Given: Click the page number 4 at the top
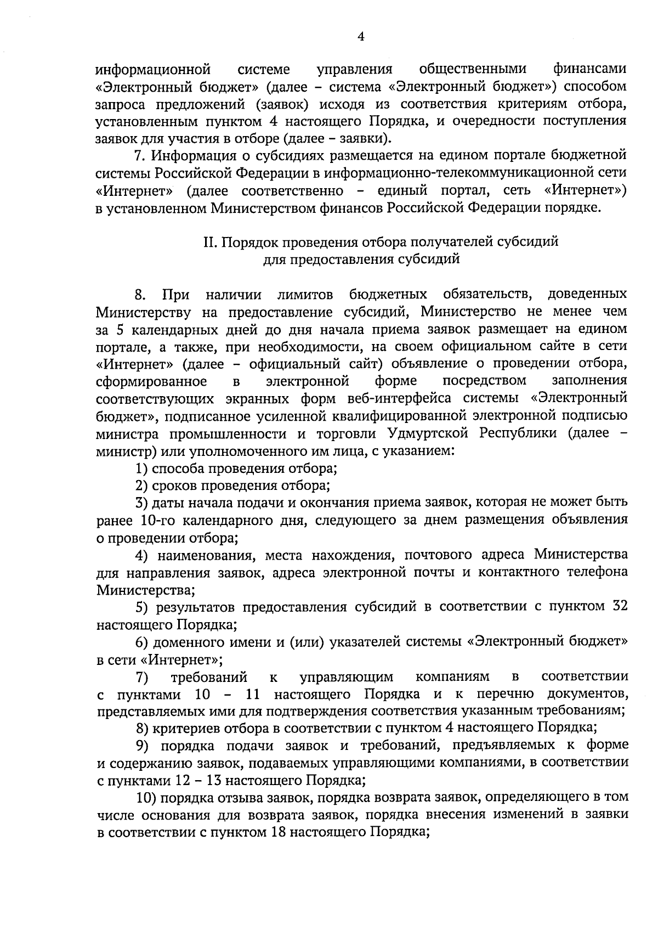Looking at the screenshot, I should [361, 37].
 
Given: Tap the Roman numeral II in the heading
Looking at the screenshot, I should [211, 242].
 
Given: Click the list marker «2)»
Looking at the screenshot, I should [141, 486].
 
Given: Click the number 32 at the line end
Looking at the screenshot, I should [617, 607].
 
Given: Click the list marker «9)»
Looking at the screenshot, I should [144, 745].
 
